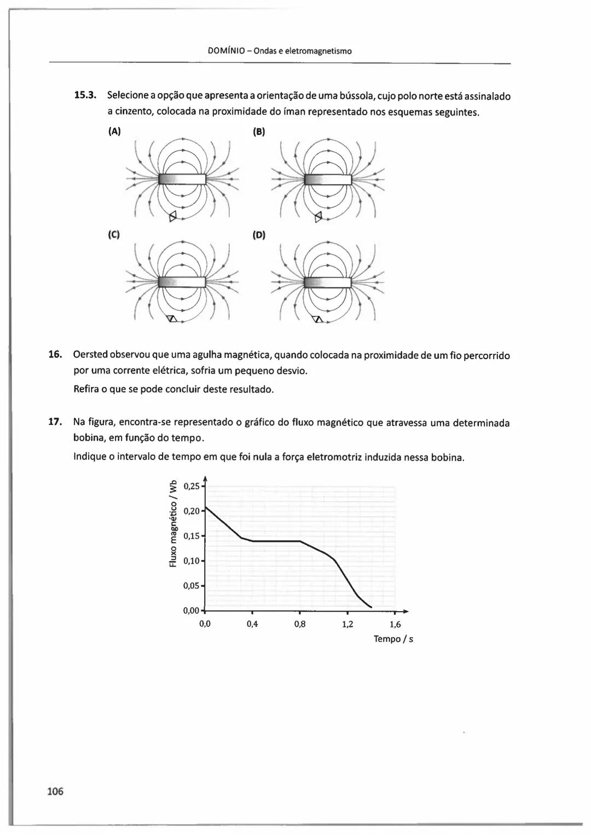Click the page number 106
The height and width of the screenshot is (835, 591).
tap(55, 791)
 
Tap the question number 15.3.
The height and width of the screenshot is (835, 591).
tap(85, 96)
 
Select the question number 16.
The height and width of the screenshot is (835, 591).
tap(55, 355)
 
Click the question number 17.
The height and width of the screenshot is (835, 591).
tap(55, 422)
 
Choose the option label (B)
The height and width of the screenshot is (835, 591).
tap(259, 131)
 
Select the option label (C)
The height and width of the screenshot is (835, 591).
tap(114, 235)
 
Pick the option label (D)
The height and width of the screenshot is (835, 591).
tap(259, 235)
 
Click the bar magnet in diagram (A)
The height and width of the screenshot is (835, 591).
tap(182, 180)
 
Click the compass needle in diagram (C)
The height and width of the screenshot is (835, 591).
tap(172, 319)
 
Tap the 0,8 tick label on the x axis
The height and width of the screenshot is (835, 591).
tap(300, 624)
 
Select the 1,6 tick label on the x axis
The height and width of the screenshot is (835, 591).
tap(395, 624)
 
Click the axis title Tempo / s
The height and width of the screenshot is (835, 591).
tap(393, 639)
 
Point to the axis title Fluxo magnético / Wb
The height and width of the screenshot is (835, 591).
tap(173, 523)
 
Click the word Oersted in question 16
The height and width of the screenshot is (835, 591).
tap(90, 355)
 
